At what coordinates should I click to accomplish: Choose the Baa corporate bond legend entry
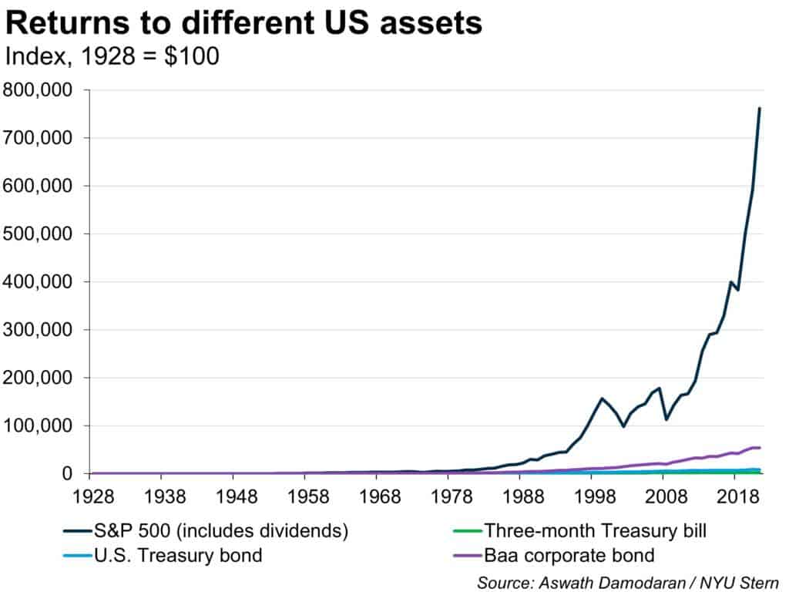point(569,555)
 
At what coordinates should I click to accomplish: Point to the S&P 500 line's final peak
point(760,108)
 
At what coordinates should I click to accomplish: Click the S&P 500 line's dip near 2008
point(666,419)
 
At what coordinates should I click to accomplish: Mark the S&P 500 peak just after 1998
point(601,399)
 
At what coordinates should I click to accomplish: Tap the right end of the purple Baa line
point(760,447)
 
